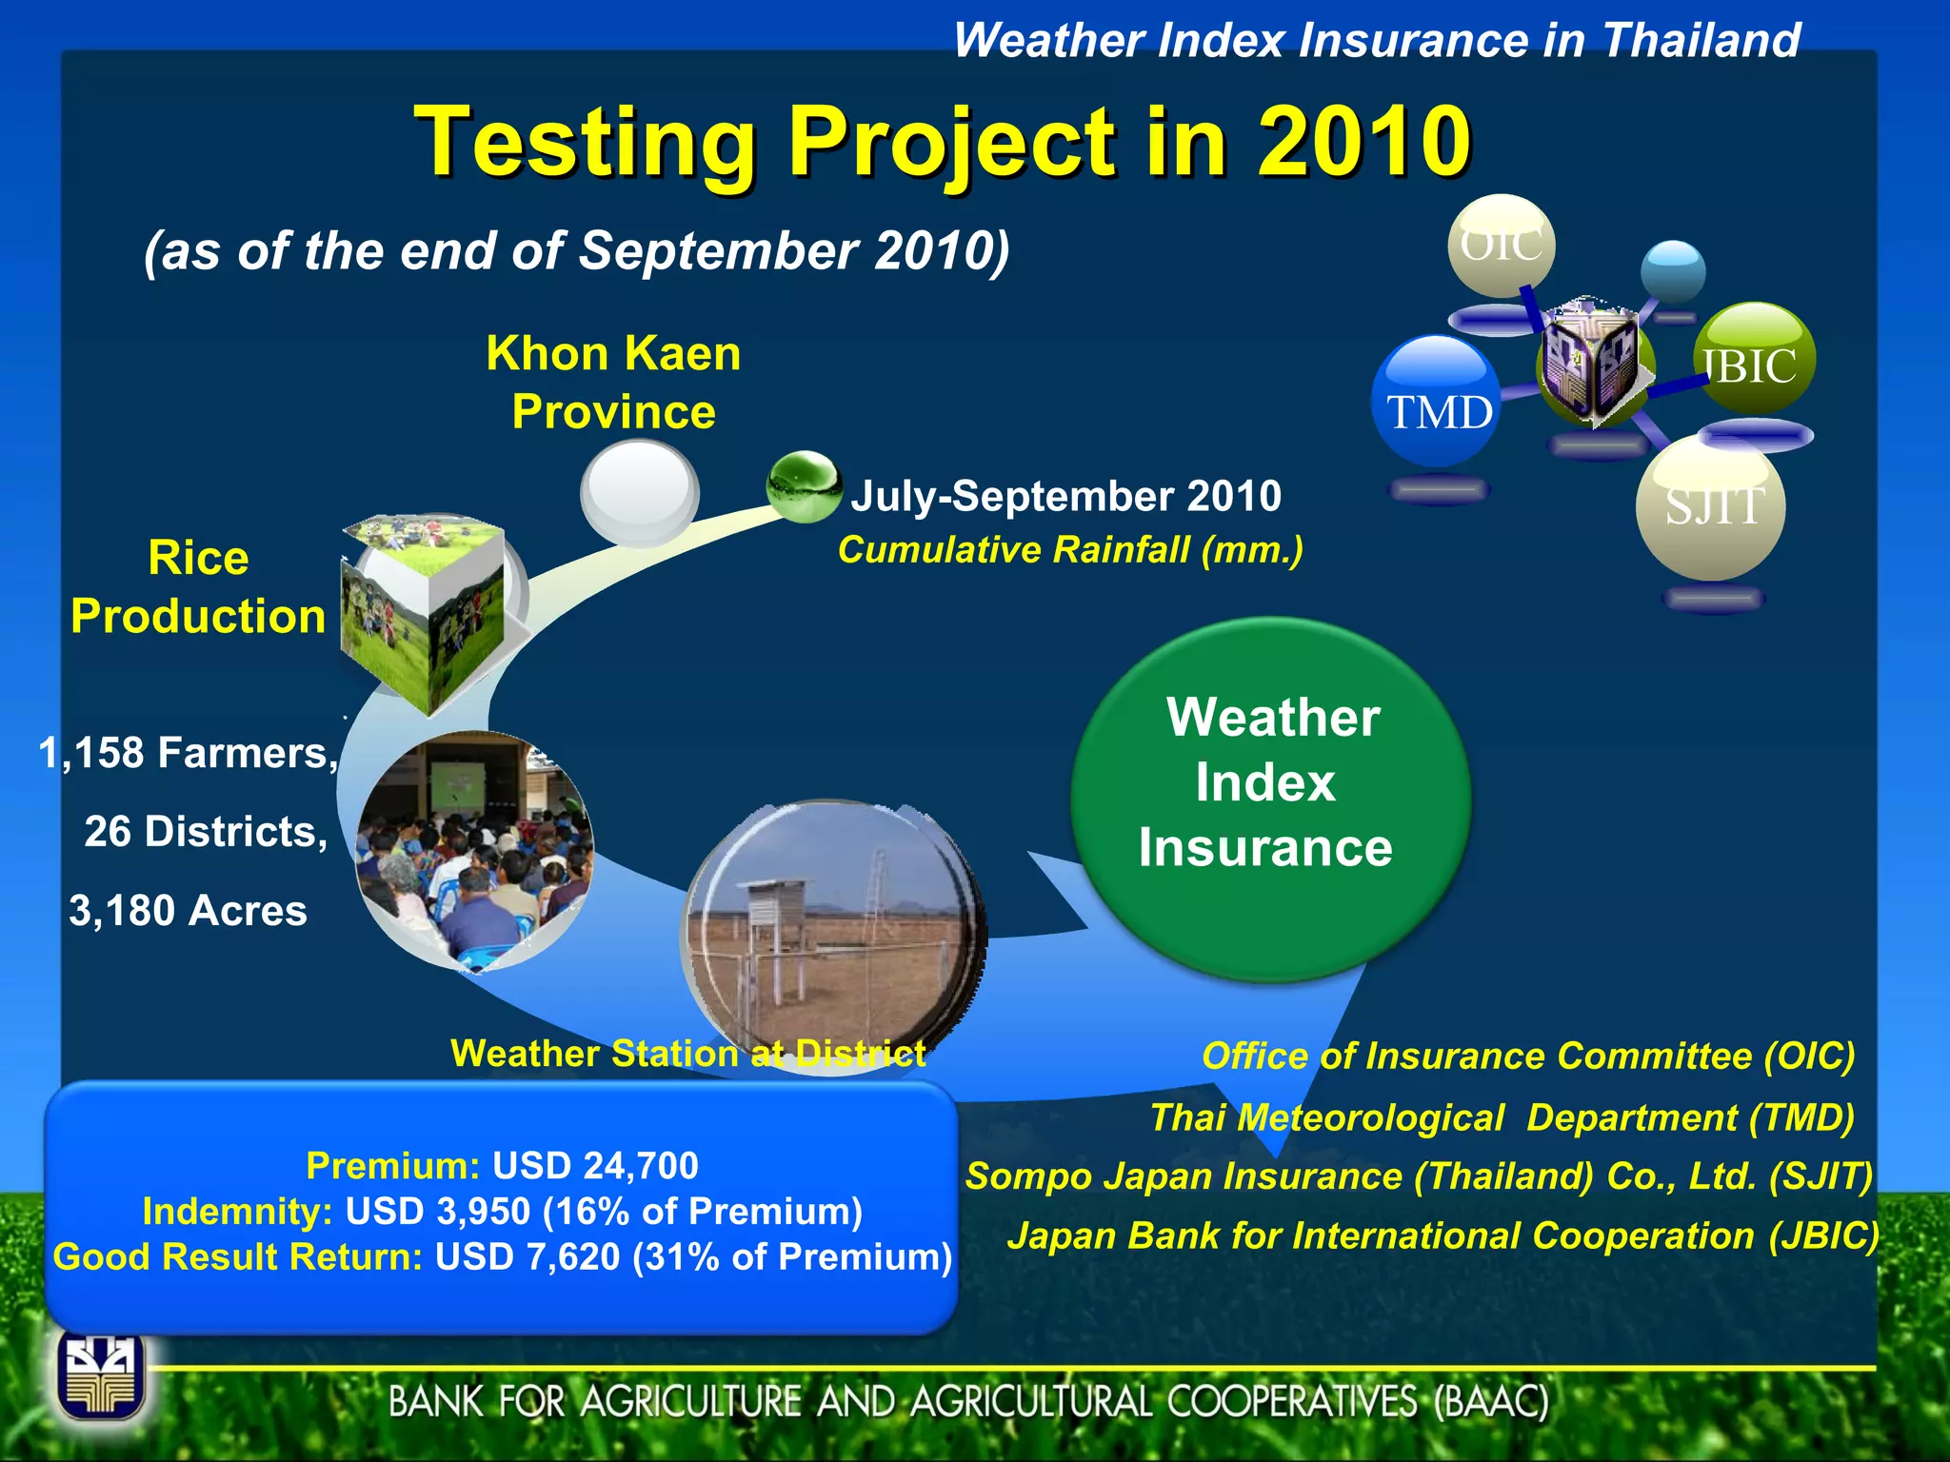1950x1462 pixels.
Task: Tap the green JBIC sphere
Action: click(x=1756, y=359)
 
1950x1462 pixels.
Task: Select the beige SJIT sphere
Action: click(x=1711, y=506)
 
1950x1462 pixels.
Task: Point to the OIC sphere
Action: click(x=1502, y=246)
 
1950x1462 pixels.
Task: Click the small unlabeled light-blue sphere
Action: click(x=1673, y=270)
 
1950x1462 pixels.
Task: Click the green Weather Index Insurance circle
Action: click(x=1270, y=798)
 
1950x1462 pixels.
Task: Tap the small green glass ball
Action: click(x=803, y=486)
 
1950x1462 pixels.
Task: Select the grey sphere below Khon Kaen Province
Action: click(x=639, y=492)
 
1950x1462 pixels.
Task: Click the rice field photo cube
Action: click(x=424, y=609)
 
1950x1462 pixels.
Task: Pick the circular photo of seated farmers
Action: click(x=474, y=850)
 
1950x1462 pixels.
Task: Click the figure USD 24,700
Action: click(x=595, y=1165)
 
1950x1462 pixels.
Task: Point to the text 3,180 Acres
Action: click(x=189, y=911)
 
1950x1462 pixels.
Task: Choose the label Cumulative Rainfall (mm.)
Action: click(x=1069, y=550)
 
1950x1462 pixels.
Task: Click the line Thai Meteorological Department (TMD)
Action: click(x=1502, y=1117)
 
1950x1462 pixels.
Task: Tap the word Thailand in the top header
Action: click(x=1701, y=41)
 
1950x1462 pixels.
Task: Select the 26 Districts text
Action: click(x=206, y=832)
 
